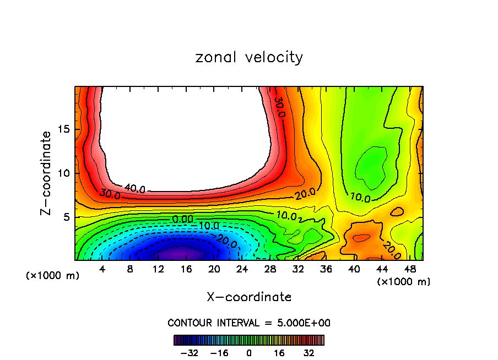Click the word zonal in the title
213,57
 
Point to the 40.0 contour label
135,189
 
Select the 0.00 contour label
182,219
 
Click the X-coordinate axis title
249,297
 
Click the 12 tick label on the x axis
158,269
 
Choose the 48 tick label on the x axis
409,269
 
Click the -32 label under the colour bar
189,353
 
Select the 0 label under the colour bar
249,353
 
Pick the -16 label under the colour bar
219,353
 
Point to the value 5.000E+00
304,323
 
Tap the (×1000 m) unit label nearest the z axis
53,275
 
